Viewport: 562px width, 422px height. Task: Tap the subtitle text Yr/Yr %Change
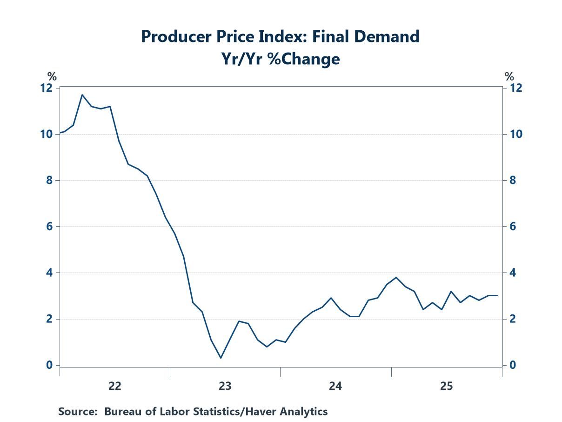coord(281,59)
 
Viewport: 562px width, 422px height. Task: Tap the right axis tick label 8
coord(512,180)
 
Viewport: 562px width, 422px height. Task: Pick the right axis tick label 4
coord(512,273)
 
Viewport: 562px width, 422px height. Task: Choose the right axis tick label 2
coord(512,319)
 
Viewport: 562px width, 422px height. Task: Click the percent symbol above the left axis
coord(52,77)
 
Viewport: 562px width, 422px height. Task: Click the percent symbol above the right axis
coord(509,77)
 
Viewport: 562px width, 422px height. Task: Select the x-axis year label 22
coord(114,386)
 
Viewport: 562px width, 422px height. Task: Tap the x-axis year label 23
coord(225,386)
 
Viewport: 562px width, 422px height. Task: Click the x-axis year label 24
coord(335,386)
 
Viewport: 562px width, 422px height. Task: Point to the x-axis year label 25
coord(446,386)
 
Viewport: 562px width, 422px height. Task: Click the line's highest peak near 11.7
coord(82,95)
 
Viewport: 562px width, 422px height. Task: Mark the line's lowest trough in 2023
coord(221,358)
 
